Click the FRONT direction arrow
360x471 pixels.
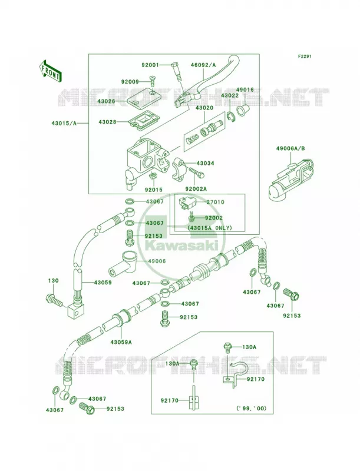coord(50,71)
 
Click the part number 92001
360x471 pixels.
coord(151,65)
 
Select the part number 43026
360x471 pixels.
coord(106,101)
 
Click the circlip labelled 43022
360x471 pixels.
coord(232,117)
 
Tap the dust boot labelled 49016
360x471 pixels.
coord(243,110)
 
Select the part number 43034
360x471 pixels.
coord(206,164)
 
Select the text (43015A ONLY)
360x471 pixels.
coord(210,228)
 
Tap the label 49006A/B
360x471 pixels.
coord(290,148)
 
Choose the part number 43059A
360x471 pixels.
coord(121,342)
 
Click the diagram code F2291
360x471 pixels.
coord(305,56)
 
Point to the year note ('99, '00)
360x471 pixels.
coord(251,409)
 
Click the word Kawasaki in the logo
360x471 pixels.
coord(181,247)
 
